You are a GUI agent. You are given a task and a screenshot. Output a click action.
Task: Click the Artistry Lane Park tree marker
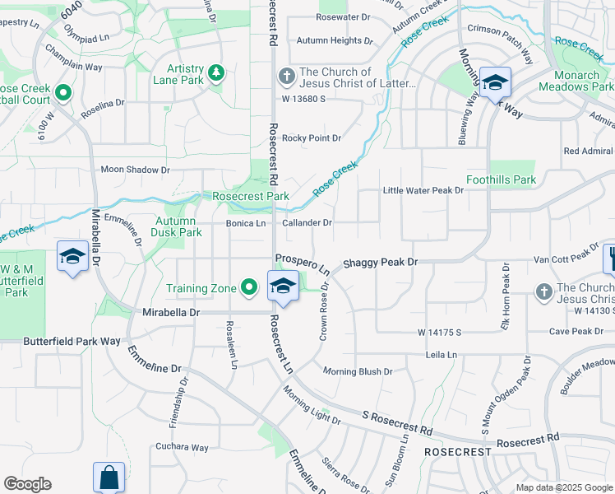click(x=216, y=73)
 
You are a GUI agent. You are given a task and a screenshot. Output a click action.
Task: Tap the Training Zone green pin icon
click(x=251, y=287)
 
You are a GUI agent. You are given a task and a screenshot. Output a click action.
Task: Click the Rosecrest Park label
click(x=251, y=197)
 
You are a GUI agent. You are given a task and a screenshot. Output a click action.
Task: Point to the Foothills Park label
click(x=501, y=179)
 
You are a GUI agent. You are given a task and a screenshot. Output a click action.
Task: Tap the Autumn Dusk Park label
click(x=177, y=226)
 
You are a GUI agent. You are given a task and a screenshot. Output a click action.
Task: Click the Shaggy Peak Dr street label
click(x=381, y=262)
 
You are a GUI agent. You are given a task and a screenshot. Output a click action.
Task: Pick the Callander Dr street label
click(x=307, y=223)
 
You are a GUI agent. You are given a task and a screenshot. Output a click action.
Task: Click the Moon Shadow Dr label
click(x=135, y=170)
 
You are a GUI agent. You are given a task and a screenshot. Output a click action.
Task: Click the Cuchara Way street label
click(x=182, y=448)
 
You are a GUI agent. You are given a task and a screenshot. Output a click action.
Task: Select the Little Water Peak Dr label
click(x=423, y=190)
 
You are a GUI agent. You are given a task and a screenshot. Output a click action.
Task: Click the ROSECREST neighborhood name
click(x=458, y=452)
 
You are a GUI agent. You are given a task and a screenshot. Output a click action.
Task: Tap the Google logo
click(x=27, y=484)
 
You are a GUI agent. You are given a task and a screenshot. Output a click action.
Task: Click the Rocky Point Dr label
click(x=312, y=138)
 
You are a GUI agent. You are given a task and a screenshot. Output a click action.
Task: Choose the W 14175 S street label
click(x=440, y=333)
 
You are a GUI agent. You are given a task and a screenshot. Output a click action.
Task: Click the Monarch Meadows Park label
click(x=576, y=81)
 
